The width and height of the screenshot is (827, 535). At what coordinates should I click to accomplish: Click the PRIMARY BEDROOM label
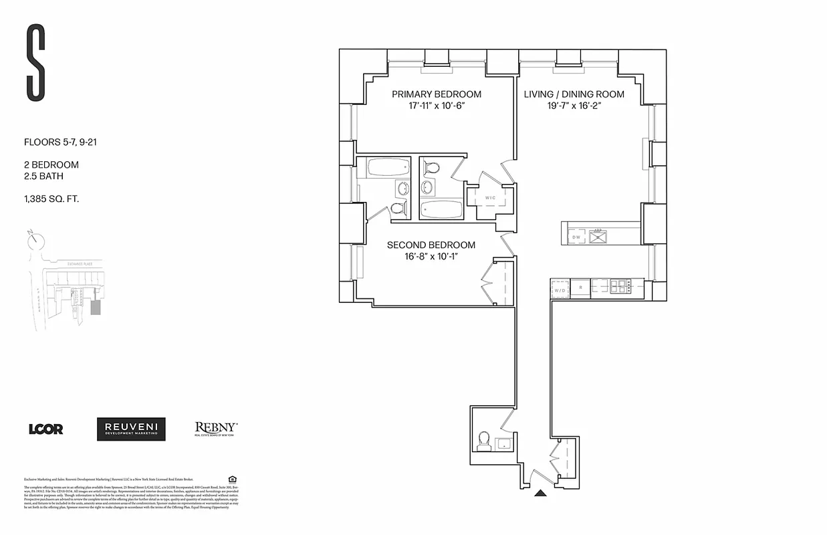pos(436,94)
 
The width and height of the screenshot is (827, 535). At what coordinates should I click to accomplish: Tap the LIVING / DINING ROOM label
pos(574,94)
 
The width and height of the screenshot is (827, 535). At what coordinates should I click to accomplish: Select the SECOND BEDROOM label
pos(431,245)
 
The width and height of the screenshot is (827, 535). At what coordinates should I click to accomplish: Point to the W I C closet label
pos(489,198)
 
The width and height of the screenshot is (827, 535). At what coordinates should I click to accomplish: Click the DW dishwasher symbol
pos(576,237)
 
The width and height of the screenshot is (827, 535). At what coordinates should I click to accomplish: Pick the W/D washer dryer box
pos(559,290)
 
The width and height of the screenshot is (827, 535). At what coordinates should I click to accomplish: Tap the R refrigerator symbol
pos(581,288)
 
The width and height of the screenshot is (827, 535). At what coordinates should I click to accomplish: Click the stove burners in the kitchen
pos(620,286)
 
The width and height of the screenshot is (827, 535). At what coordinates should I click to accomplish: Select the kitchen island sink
pos(598,235)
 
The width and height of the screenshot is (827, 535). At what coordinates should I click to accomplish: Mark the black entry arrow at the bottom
pos(540,494)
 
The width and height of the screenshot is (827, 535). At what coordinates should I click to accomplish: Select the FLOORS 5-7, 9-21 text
pos(61,142)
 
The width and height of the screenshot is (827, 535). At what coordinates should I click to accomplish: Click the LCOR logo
pos(45,429)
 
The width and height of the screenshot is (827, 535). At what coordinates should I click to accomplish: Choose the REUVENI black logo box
pos(131,429)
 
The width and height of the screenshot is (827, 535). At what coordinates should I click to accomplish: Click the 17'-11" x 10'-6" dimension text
pos(436,106)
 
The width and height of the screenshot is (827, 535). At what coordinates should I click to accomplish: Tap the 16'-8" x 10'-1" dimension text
pos(431,257)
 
